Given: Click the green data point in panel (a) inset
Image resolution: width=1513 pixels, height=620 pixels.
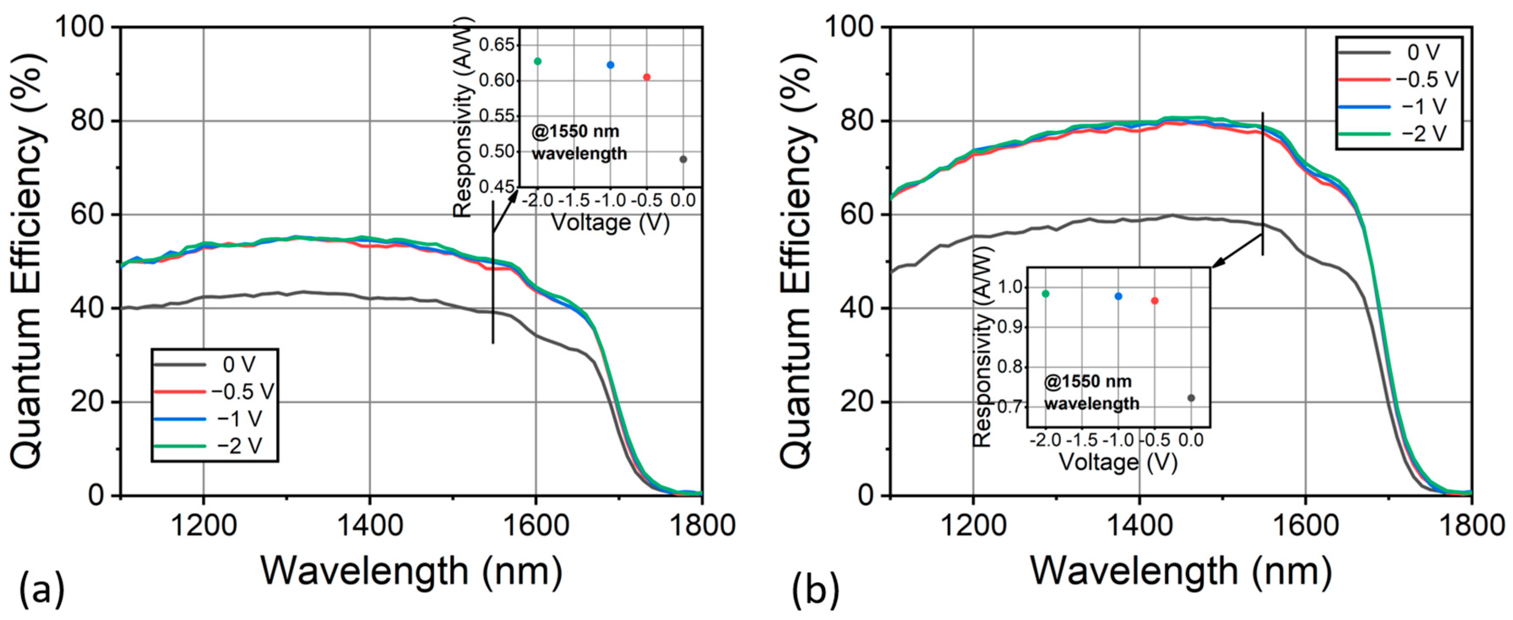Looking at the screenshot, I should (x=538, y=61).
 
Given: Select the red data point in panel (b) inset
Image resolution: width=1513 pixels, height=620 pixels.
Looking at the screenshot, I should (x=1155, y=301).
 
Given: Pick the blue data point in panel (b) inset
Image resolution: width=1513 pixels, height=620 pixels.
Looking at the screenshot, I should (x=1118, y=297).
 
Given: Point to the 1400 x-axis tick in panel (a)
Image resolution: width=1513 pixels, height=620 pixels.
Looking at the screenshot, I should (x=370, y=524).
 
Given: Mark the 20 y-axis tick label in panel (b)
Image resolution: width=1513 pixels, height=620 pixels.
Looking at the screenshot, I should (x=857, y=402).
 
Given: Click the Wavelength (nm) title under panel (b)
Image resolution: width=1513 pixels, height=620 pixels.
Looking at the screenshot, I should (x=1181, y=571).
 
